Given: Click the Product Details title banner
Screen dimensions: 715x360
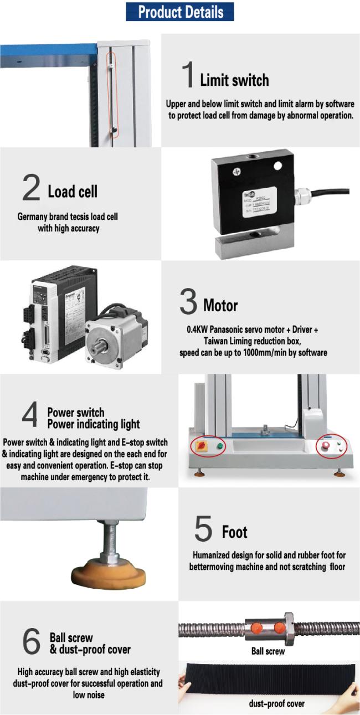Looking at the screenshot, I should tap(180, 12).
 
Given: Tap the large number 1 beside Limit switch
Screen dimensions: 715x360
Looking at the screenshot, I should tap(188, 75).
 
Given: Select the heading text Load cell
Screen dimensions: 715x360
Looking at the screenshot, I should tap(73, 192).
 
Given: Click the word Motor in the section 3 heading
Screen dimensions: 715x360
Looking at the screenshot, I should tap(220, 305).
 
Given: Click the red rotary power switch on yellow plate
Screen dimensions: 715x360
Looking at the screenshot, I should tap(198, 446).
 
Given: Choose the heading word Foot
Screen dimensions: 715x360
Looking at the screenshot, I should tap(234, 533).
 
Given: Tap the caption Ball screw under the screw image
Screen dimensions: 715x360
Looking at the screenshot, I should tap(268, 652).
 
